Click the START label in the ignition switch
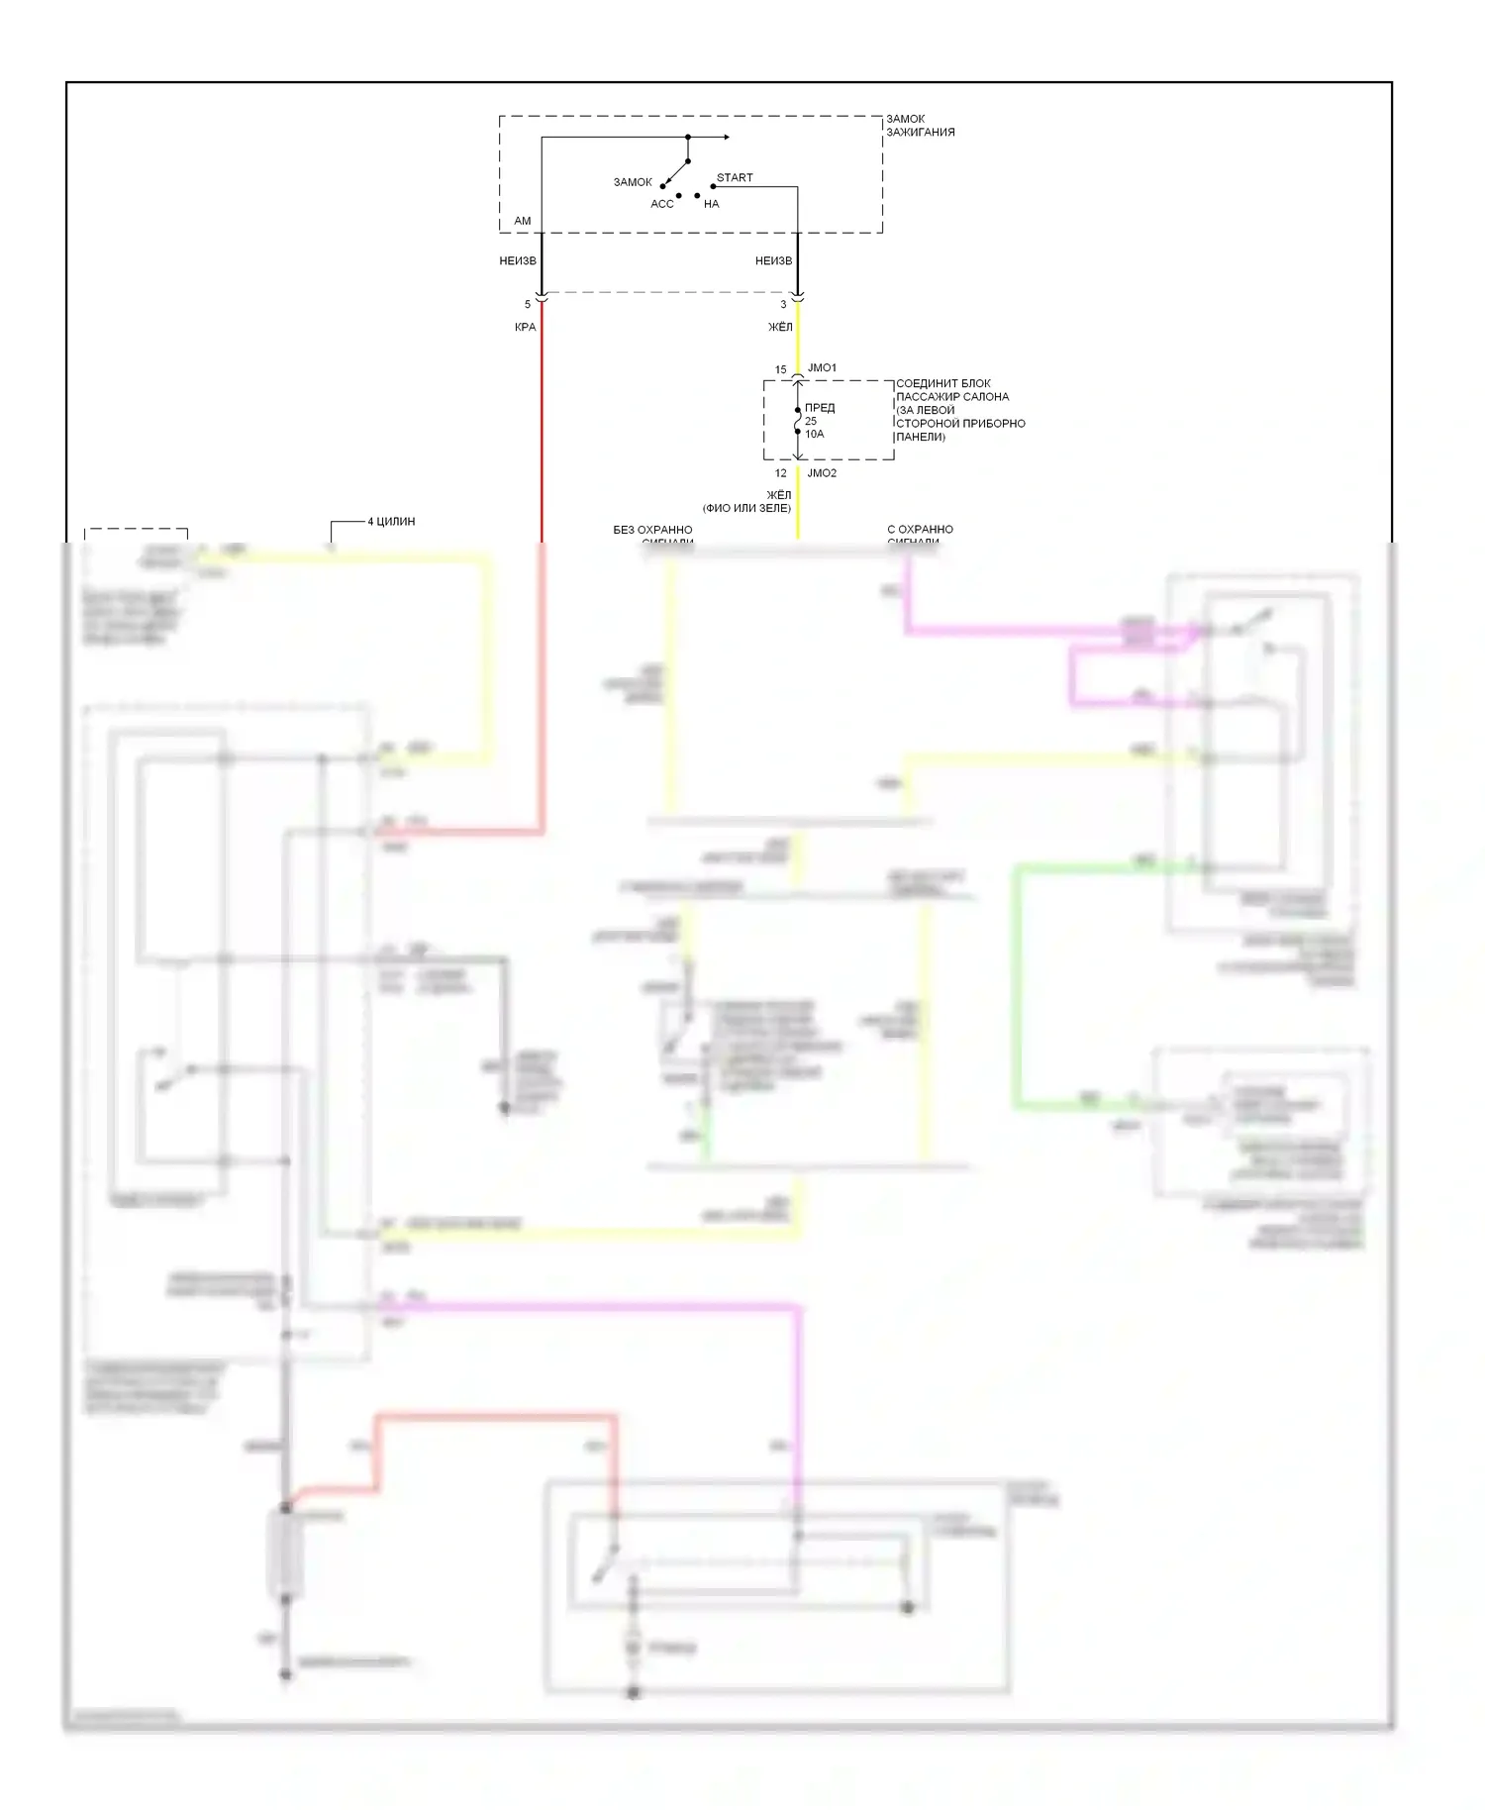point(735,178)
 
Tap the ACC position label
point(661,204)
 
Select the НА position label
point(712,204)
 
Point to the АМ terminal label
point(523,221)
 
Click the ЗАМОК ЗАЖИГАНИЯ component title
point(920,125)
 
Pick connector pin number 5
point(528,304)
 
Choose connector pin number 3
point(783,304)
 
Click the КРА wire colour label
point(525,327)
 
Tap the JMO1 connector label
point(822,368)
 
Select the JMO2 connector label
point(822,473)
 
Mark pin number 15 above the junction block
point(780,370)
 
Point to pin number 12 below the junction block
point(780,473)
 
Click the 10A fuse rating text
point(814,434)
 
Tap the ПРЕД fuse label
point(820,408)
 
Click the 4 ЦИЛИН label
point(391,522)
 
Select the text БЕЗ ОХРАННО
point(652,530)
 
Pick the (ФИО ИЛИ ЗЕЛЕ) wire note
point(746,508)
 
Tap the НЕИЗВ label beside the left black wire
point(518,261)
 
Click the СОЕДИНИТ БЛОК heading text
point(942,384)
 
